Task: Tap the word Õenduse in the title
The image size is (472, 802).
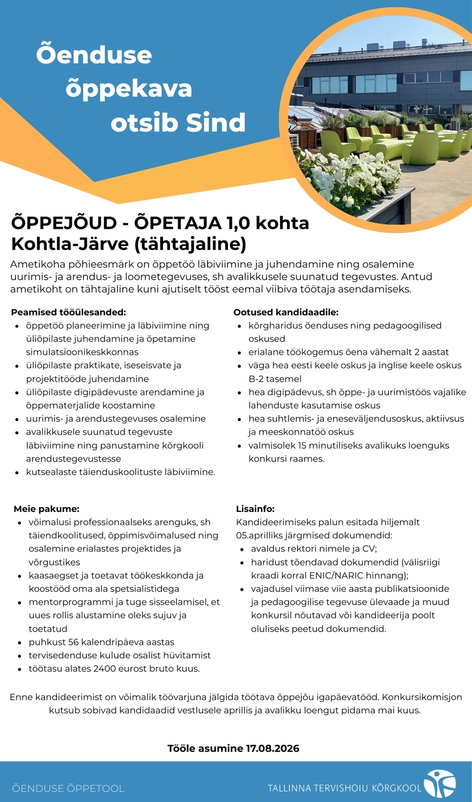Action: point(94,55)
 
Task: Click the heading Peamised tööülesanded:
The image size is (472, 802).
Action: point(69,312)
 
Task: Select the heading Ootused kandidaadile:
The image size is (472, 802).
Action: point(286,312)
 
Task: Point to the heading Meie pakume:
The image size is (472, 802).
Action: point(47,509)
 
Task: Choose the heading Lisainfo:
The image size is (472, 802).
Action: point(255,509)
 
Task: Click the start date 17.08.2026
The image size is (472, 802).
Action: point(272,748)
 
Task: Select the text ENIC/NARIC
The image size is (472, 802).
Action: point(339,575)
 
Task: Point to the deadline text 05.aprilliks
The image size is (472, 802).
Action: point(260,535)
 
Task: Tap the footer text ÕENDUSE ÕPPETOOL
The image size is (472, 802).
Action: point(68,789)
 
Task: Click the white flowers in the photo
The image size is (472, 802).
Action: point(343,177)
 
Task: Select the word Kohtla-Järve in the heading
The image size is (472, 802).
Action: point(70,244)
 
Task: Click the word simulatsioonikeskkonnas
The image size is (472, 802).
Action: point(82,352)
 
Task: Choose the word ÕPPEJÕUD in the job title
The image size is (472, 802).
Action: point(64,222)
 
